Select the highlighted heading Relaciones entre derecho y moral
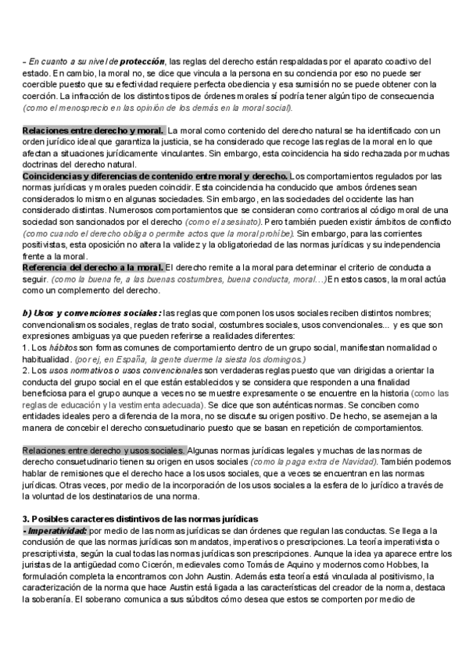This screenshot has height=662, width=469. [x=93, y=130]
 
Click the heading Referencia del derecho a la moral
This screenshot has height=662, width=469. [x=93, y=268]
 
